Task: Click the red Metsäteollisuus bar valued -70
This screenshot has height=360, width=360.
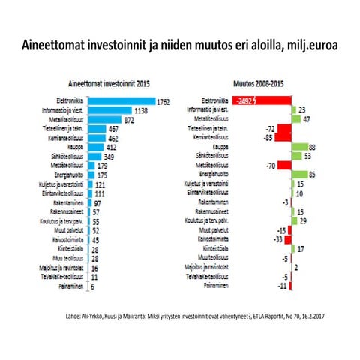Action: coord(283,165)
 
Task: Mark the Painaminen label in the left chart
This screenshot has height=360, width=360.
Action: coord(64,286)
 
